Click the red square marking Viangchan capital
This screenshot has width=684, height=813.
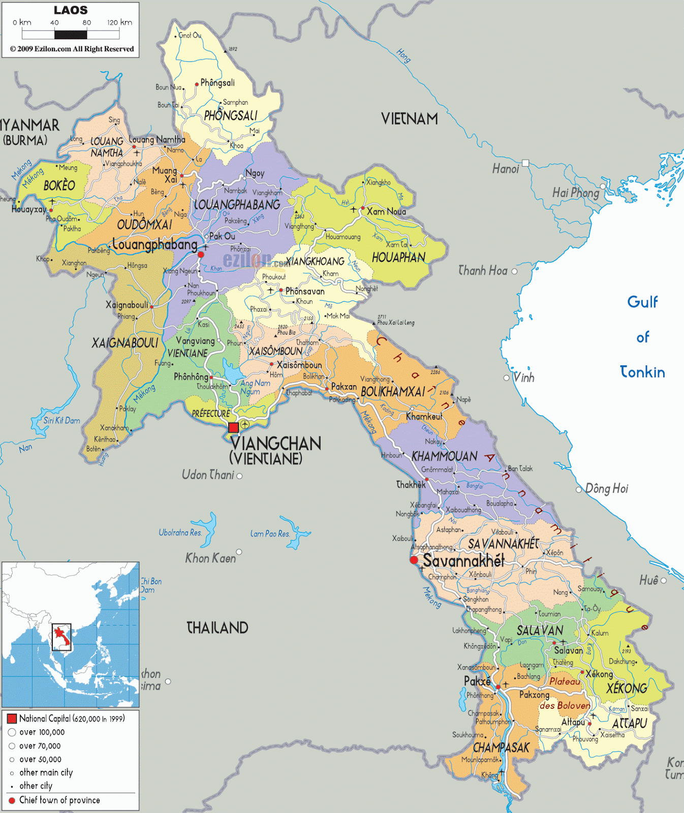click(x=233, y=427)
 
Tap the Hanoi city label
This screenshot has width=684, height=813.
click(x=505, y=169)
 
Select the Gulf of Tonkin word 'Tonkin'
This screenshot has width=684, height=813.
click(x=642, y=372)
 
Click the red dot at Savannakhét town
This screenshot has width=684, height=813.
click(x=414, y=560)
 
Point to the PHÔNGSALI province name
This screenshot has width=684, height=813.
click(x=230, y=116)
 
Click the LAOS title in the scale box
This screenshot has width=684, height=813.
click(x=71, y=10)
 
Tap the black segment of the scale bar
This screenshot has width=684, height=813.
click(x=71, y=35)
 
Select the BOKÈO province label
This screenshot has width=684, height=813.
click(x=59, y=185)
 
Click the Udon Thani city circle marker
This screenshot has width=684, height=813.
click(x=239, y=476)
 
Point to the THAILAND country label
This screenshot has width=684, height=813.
click(x=217, y=628)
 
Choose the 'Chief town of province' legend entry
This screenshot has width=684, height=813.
click(x=59, y=800)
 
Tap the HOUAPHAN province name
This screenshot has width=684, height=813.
click(x=398, y=258)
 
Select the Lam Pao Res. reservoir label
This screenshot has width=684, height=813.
click(x=270, y=534)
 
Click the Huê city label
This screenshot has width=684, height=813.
click(x=648, y=580)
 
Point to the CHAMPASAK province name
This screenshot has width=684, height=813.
click(x=501, y=747)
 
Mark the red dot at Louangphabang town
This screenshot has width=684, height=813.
click(x=201, y=254)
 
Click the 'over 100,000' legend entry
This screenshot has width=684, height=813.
click(x=42, y=732)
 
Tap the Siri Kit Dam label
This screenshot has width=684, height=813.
click(x=61, y=420)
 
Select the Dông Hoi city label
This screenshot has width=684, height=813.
click(x=606, y=489)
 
